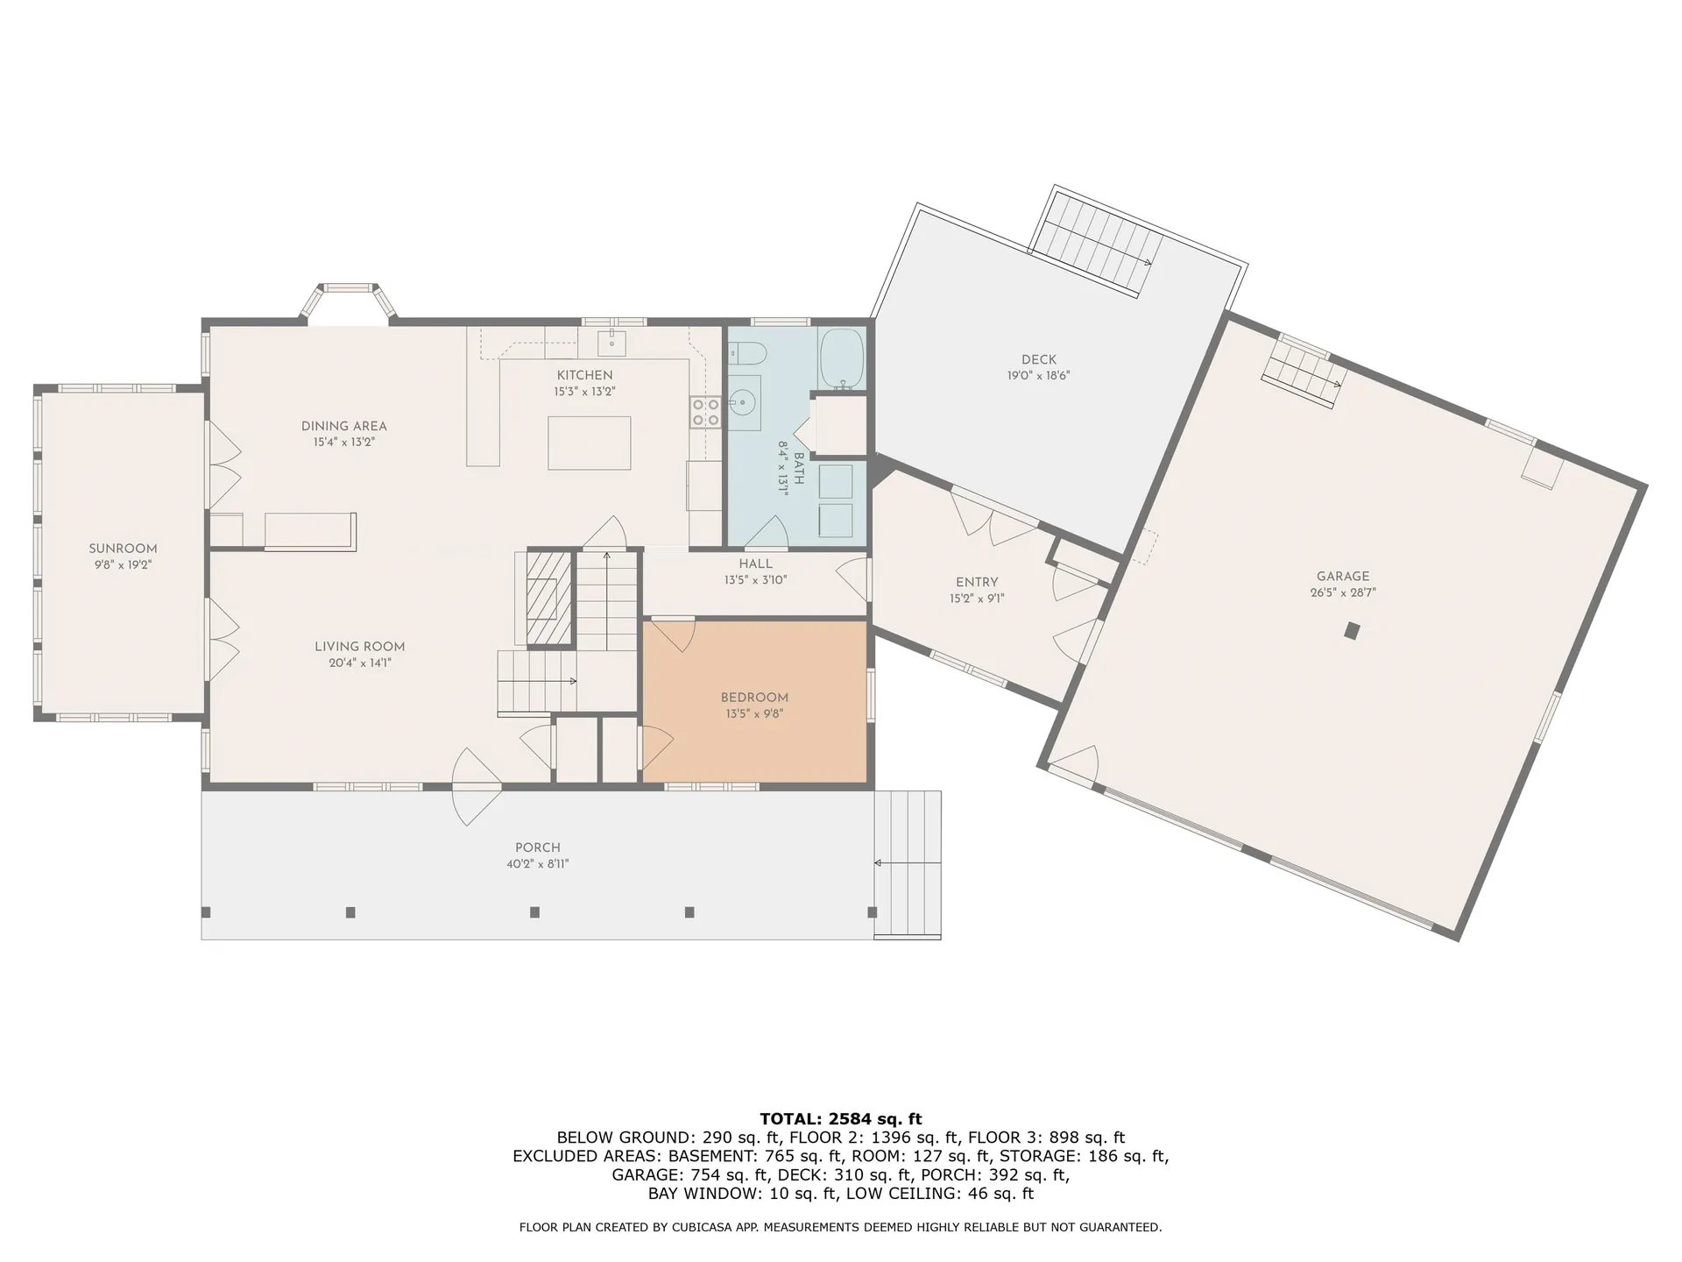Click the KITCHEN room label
point(584,376)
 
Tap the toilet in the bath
point(750,354)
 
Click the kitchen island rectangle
point(589,443)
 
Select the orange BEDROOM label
point(754,698)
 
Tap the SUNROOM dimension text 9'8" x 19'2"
point(124,565)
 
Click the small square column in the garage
point(1353,630)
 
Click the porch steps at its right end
point(908,864)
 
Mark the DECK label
point(1039,359)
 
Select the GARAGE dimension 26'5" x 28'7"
point(1342,592)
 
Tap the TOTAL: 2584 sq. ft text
point(840,1118)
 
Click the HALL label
point(755,564)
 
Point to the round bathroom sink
point(745,403)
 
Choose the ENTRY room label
point(977,582)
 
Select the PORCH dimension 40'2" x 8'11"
point(537,864)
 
